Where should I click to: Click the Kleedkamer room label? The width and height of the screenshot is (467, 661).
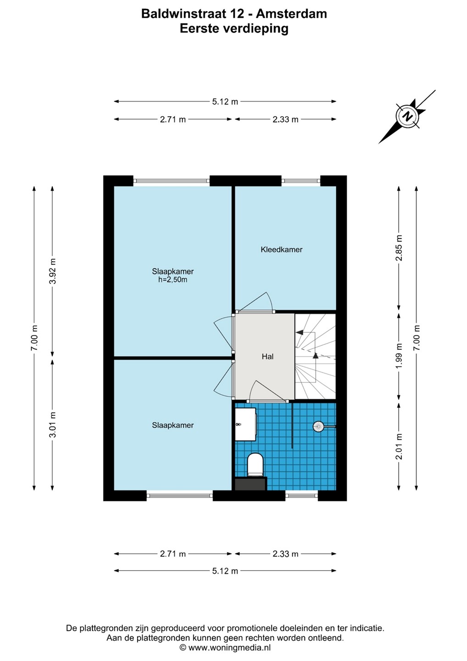coord(281,250)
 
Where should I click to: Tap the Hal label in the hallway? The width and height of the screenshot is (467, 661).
coord(268,357)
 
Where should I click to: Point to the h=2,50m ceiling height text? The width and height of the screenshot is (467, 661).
coord(173,280)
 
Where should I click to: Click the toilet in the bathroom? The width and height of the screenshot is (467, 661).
coord(255,465)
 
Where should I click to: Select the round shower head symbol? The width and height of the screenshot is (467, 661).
coord(318,426)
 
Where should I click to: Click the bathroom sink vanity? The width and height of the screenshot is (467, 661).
coord(245,425)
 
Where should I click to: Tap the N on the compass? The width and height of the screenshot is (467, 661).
coord(408,116)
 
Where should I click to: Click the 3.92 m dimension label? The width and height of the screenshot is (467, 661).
coord(52,271)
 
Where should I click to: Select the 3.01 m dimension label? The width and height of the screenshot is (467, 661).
coord(52,425)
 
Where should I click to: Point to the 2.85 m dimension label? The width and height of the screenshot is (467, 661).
coord(399,248)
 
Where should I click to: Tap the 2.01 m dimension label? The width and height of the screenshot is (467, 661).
coord(399,447)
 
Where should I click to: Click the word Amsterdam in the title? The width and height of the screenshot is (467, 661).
coord(291,14)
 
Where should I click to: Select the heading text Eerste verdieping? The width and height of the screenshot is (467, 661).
coord(234,29)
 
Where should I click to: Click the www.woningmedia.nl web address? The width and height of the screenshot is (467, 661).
coord(229,648)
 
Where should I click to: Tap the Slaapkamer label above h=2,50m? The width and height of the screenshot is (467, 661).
coord(173,271)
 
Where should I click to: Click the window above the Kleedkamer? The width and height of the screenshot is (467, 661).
coord(301,180)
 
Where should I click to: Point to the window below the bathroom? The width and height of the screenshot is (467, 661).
coord(301,495)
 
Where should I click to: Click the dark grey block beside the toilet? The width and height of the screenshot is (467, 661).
coord(251,484)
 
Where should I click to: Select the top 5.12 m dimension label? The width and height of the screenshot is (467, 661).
coord(225,102)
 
